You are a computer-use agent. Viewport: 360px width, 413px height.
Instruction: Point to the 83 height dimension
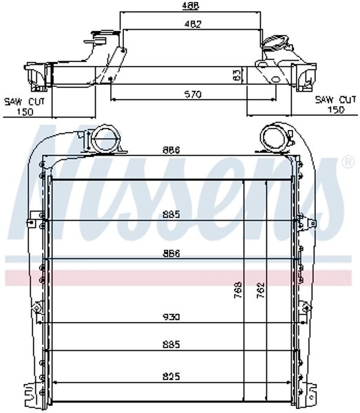point(237,75)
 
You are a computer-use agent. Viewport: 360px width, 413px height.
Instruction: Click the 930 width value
point(172,317)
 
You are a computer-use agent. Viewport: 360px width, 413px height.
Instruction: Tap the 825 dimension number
point(172,377)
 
